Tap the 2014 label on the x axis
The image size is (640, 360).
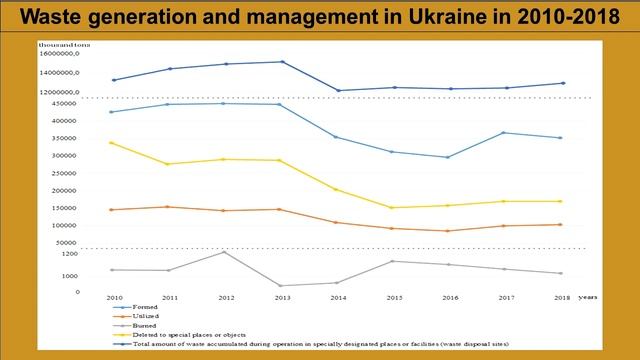click(x=338, y=298)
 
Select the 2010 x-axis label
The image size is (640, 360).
click(x=114, y=298)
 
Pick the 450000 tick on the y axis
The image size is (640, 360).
click(x=88, y=103)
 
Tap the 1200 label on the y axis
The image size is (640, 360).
click(x=96, y=255)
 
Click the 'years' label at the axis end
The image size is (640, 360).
click(x=588, y=297)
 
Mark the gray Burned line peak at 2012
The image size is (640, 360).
click(x=225, y=252)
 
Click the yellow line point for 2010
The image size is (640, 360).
click(x=113, y=143)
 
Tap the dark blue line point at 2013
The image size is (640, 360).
click(x=282, y=62)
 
